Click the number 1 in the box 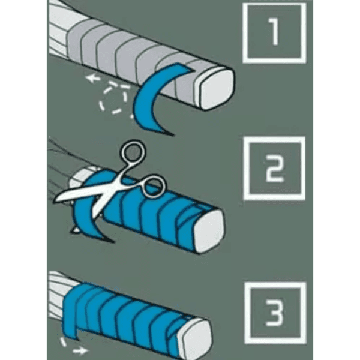(x=274, y=32)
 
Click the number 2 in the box (x=275, y=168)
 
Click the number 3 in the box (x=275, y=313)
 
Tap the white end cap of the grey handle (x=216, y=89)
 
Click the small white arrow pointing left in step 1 (x=93, y=78)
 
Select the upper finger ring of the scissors (x=133, y=152)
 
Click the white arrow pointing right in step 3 (x=80, y=350)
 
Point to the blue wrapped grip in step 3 (x=128, y=314)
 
